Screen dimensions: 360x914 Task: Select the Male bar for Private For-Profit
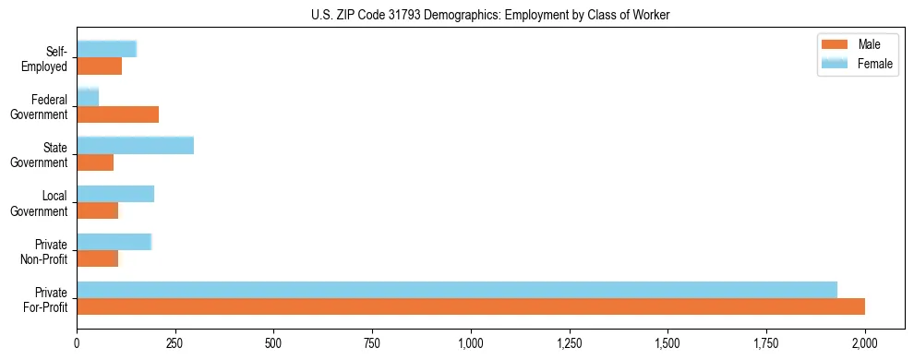pos(471,306)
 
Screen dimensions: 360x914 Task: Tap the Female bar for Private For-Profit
pos(457,289)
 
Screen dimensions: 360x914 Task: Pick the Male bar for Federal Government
pos(118,114)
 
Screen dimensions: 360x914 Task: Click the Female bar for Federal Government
pos(88,97)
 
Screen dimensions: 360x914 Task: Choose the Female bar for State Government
pos(135,145)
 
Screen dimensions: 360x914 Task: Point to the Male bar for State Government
pos(95,162)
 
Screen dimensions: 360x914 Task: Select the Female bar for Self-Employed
pos(107,49)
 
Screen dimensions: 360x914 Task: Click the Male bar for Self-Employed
pos(100,66)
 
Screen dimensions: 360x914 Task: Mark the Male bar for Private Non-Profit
pos(98,258)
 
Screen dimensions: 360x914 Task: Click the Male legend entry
pos(855,45)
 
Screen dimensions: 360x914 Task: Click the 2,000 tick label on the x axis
pos(865,342)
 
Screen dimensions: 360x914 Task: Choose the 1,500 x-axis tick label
pos(667,342)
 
